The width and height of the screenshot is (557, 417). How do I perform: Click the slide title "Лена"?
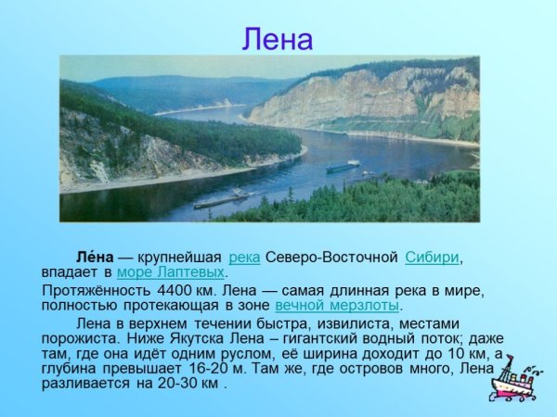click(x=278, y=39)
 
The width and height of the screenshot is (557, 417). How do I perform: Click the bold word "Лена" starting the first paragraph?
click(x=95, y=257)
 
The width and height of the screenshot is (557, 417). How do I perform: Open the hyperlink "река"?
click(x=243, y=257)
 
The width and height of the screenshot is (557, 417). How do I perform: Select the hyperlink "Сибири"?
click(x=433, y=257)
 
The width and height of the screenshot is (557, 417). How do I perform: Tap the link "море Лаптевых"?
click(x=171, y=272)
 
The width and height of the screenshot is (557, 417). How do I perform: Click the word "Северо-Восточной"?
click(x=331, y=257)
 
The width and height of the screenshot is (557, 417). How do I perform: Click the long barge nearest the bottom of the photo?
click(x=220, y=199)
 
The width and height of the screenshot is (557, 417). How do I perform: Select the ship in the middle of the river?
click(x=342, y=167)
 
